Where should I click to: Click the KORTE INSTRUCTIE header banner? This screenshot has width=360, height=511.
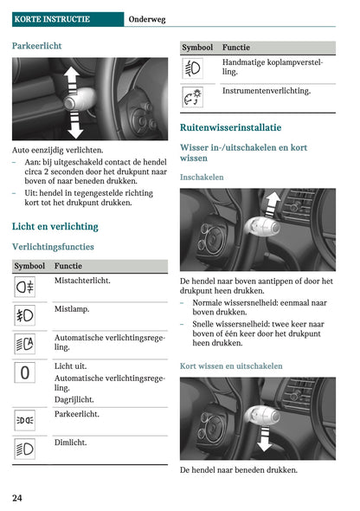(x=67, y=19)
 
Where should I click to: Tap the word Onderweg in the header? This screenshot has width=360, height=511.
(x=147, y=20)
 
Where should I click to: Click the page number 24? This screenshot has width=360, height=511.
(x=17, y=498)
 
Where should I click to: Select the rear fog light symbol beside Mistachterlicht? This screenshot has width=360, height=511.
(x=25, y=287)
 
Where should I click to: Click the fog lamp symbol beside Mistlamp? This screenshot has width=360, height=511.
(x=25, y=315)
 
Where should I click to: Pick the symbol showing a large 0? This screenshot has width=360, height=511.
(x=25, y=372)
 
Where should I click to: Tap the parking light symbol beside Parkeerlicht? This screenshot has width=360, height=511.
(x=25, y=420)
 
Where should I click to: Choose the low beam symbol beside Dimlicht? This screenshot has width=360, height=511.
(x=25, y=450)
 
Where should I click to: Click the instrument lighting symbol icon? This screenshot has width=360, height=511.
(x=193, y=97)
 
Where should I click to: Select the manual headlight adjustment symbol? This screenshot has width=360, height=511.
(x=193, y=68)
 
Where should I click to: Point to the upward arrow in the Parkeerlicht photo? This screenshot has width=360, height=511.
(x=72, y=79)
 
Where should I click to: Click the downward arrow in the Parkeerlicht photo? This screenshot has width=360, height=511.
(x=75, y=125)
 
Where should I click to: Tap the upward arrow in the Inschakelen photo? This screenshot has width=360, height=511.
(x=272, y=204)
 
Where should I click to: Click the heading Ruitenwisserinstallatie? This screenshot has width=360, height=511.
(x=231, y=127)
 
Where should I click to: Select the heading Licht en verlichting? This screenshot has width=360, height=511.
(x=55, y=227)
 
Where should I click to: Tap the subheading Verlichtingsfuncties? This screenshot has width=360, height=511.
(x=53, y=247)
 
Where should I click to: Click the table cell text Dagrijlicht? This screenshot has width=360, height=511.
(x=74, y=399)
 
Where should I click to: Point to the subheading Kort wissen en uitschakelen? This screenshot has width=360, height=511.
(x=231, y=366)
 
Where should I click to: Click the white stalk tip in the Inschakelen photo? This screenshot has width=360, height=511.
(x=262, y=227)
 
